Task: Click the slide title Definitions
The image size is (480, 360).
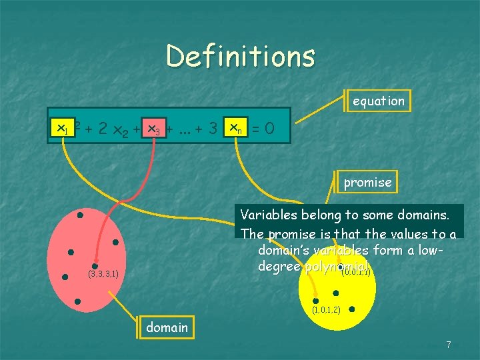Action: coord(240,56)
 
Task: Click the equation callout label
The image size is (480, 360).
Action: coord(378,101)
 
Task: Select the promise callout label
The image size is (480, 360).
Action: coord(367,182)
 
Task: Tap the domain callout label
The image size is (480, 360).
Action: coord(167,328)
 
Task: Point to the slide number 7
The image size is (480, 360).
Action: coord(449,345)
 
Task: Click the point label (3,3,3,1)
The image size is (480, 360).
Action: coord(103,274)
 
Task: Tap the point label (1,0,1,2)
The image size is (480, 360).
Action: coord(327,310)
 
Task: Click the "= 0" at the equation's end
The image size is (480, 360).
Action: coord(262,127)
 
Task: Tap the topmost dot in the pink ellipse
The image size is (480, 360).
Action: coord(79,215)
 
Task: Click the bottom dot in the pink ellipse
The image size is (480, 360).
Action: coord(78,301)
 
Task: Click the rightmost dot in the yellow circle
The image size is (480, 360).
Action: coord(351,309)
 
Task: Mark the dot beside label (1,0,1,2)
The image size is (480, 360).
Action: coord(315,301)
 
